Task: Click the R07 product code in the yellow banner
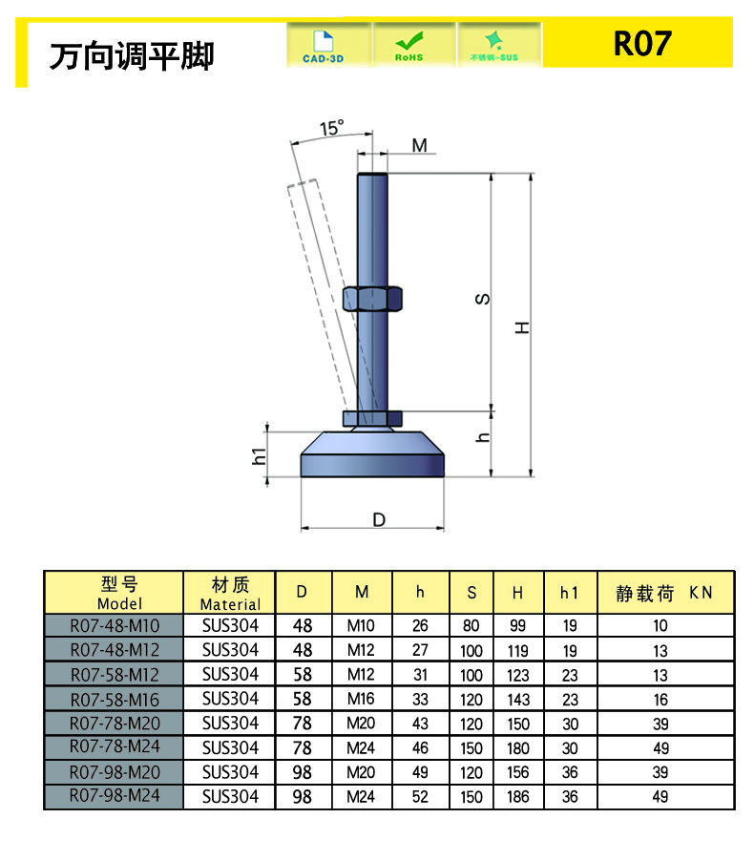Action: click(x=642, y=43)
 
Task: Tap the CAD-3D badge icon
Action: click(x=324, y=46)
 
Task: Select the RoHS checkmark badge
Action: click(x=409, y=46)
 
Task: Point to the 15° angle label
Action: click(x=332, y=128)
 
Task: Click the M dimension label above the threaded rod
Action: click(x=420, y=145)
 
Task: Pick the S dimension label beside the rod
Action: click(x=482, y=299)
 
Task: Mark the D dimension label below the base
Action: click(x=379, y=519)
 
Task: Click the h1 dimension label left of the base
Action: click(x=259, y=455)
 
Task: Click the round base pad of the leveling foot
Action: click(x=372, y=454)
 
